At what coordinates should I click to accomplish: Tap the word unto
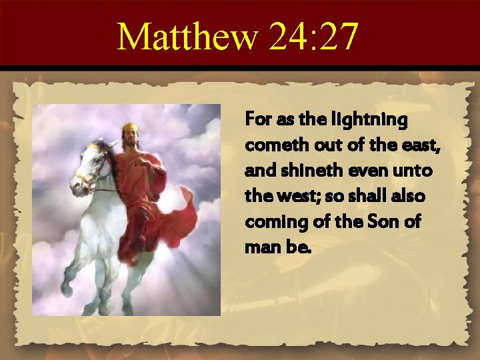[414, 171]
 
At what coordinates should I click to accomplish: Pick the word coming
[271, 222]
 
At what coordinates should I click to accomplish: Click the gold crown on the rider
[129, 126]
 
